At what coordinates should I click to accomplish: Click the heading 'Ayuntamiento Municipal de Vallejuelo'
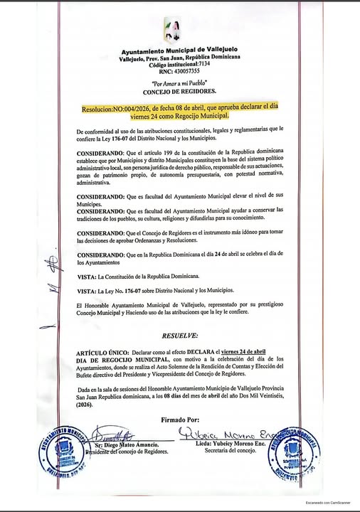[179, 52]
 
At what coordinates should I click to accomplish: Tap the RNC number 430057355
[179, 71]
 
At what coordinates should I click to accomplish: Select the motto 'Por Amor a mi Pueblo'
[179, 84]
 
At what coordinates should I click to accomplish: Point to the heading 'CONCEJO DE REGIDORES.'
[179, 92]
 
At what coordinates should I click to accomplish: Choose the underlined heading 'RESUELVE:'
[179, 334]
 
